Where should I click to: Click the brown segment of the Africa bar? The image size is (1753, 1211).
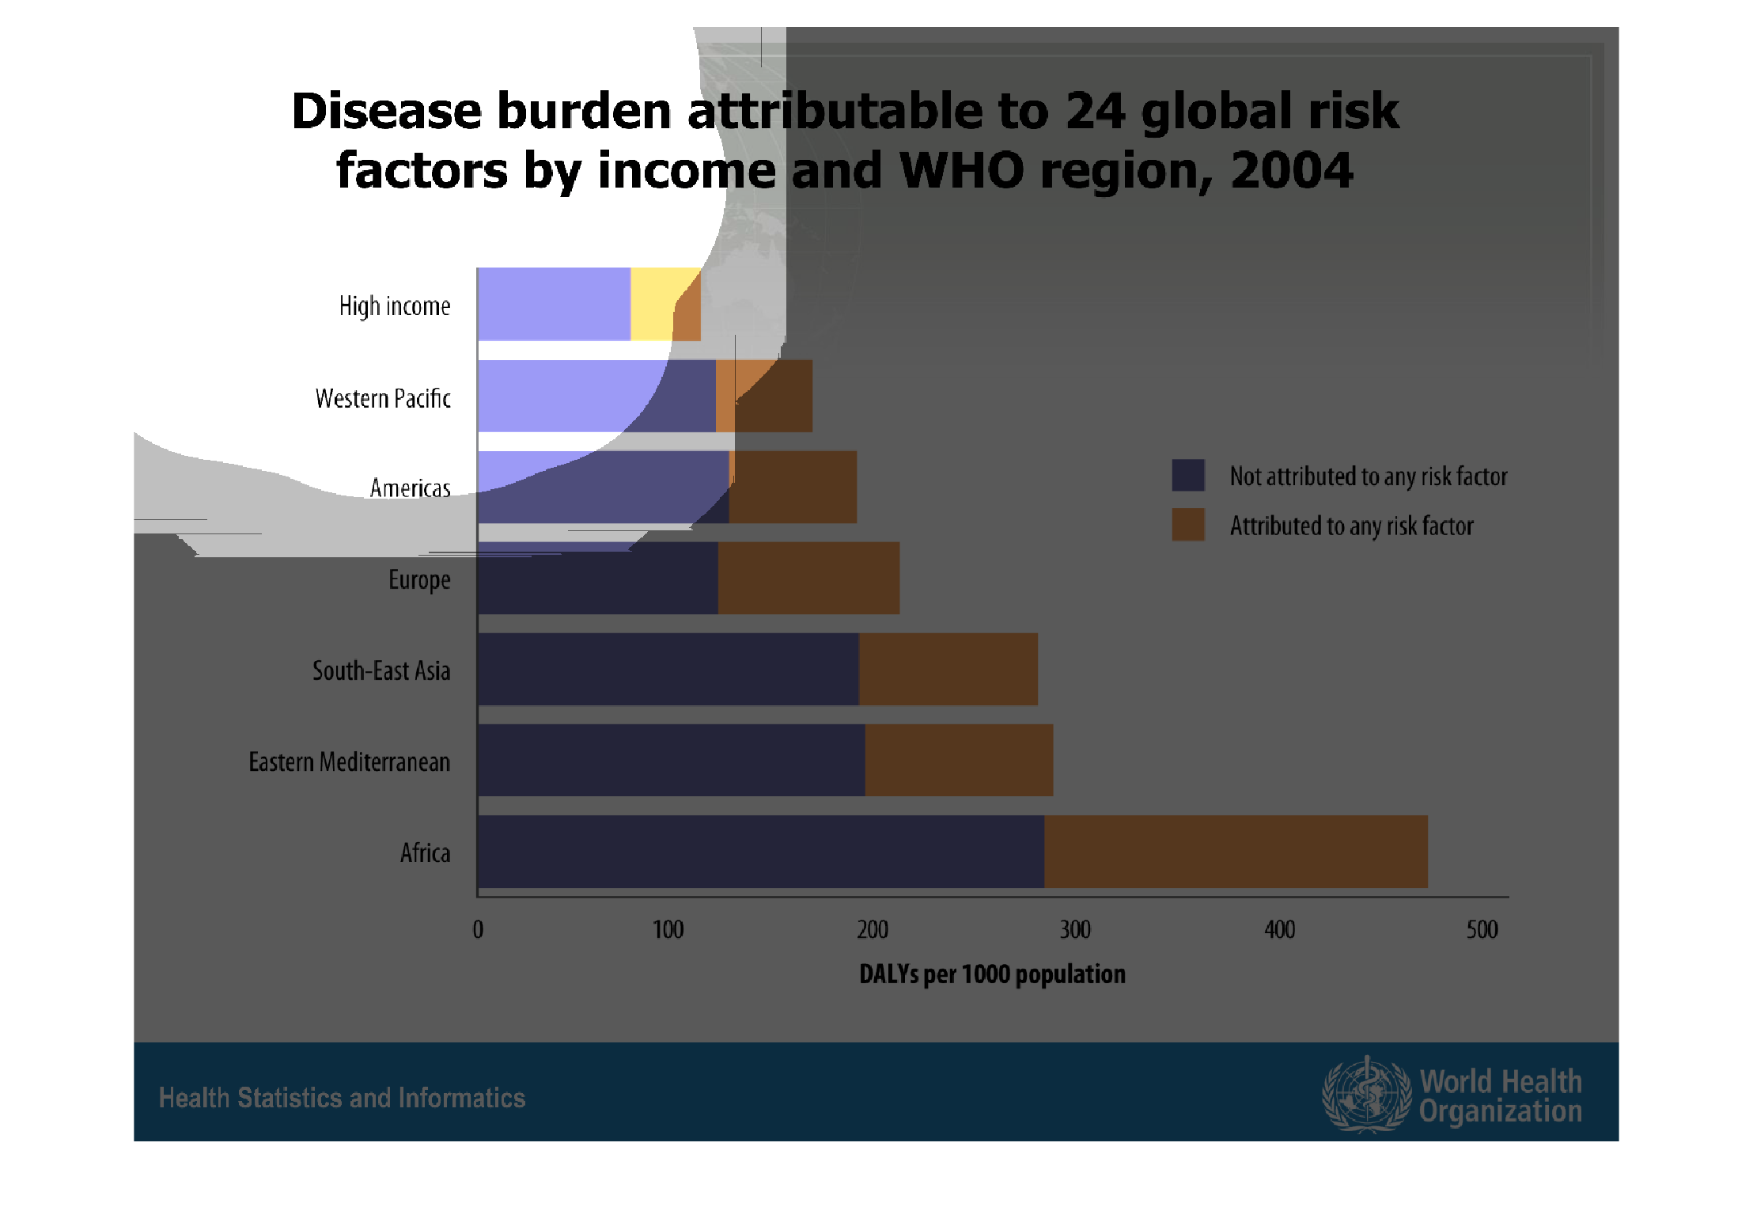coord(1236,852)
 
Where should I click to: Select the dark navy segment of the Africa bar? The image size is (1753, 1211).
coord(760,852)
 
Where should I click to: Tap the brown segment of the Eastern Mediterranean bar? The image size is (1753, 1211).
coord(959,760)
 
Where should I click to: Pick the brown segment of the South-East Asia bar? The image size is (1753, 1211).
coord(948,669)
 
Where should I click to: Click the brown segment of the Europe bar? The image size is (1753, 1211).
coord(808,578)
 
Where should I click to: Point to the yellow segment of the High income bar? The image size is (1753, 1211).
coord(652,304)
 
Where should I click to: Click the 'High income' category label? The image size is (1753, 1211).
coord(395,306)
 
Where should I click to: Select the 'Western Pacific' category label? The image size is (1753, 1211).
coord(383,398)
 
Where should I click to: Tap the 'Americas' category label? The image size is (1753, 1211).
coord(410,488)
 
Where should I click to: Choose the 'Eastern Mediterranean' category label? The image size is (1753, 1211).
coord(349,761)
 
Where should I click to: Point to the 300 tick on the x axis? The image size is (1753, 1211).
coord(1075,929)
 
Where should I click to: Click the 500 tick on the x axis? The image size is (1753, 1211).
coord(1482,929)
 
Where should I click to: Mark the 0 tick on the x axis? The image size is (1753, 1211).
coord(478,929)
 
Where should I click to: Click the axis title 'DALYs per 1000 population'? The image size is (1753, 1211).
coord(992,974)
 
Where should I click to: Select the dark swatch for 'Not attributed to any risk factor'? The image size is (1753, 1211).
coord(1188,475)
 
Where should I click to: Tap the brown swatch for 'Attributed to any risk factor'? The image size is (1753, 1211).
coord(1188,524)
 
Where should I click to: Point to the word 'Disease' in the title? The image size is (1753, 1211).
coord(386,111)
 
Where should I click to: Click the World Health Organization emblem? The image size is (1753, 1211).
coord(1366,1094)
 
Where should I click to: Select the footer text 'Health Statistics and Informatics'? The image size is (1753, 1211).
coord(342,1098)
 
